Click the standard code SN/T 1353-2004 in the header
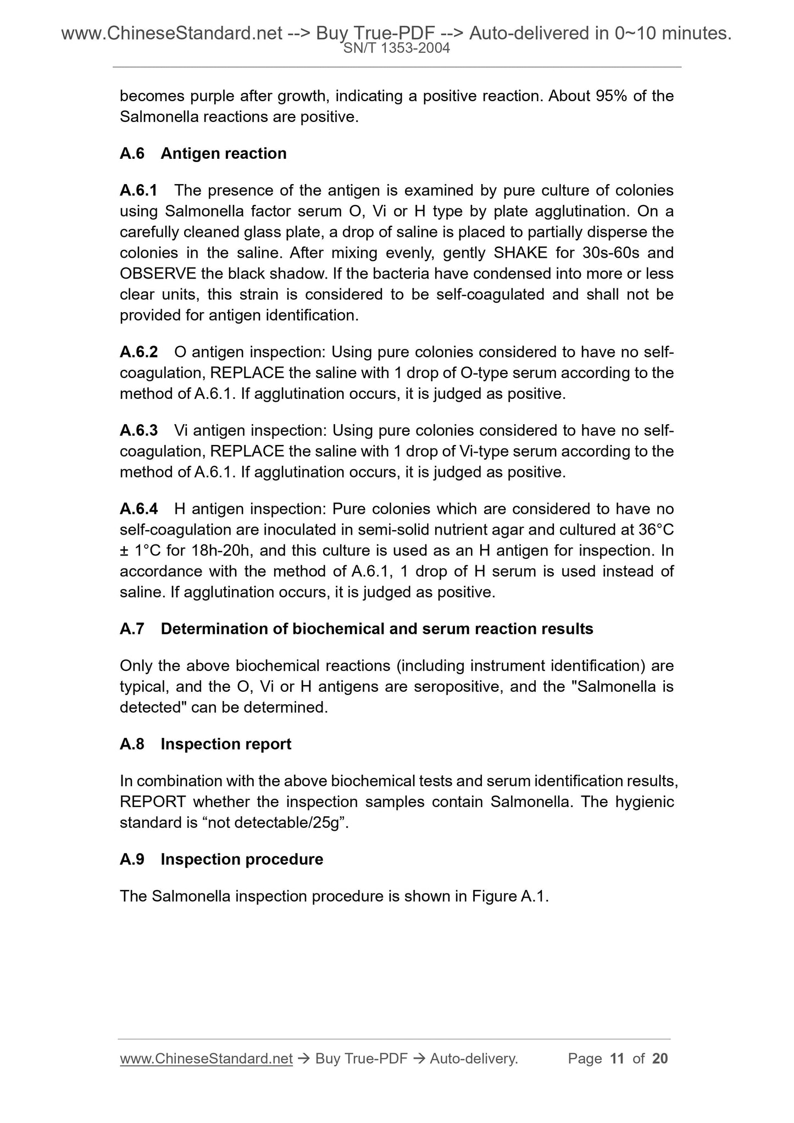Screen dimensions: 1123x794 [x=397, y=48]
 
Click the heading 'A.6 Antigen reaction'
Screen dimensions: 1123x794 [x=203, y=153]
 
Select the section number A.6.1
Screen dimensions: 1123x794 [x=138, y=190]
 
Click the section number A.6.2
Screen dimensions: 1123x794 [x=138, y=352]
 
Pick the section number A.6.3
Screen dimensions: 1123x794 [x=138, y=430]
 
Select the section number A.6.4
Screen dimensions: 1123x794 [x=138, y=509]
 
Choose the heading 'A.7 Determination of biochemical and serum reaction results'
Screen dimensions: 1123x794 [x=356, y=629]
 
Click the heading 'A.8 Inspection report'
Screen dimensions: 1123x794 [x=205, y=744]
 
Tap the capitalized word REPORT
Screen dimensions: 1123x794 [x=153, y=802]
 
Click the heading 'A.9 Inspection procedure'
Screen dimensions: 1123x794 [x=221, y=859]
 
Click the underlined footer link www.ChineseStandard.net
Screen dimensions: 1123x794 [x=206, y=1058]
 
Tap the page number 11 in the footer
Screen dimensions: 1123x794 [x=617, y=1058]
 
